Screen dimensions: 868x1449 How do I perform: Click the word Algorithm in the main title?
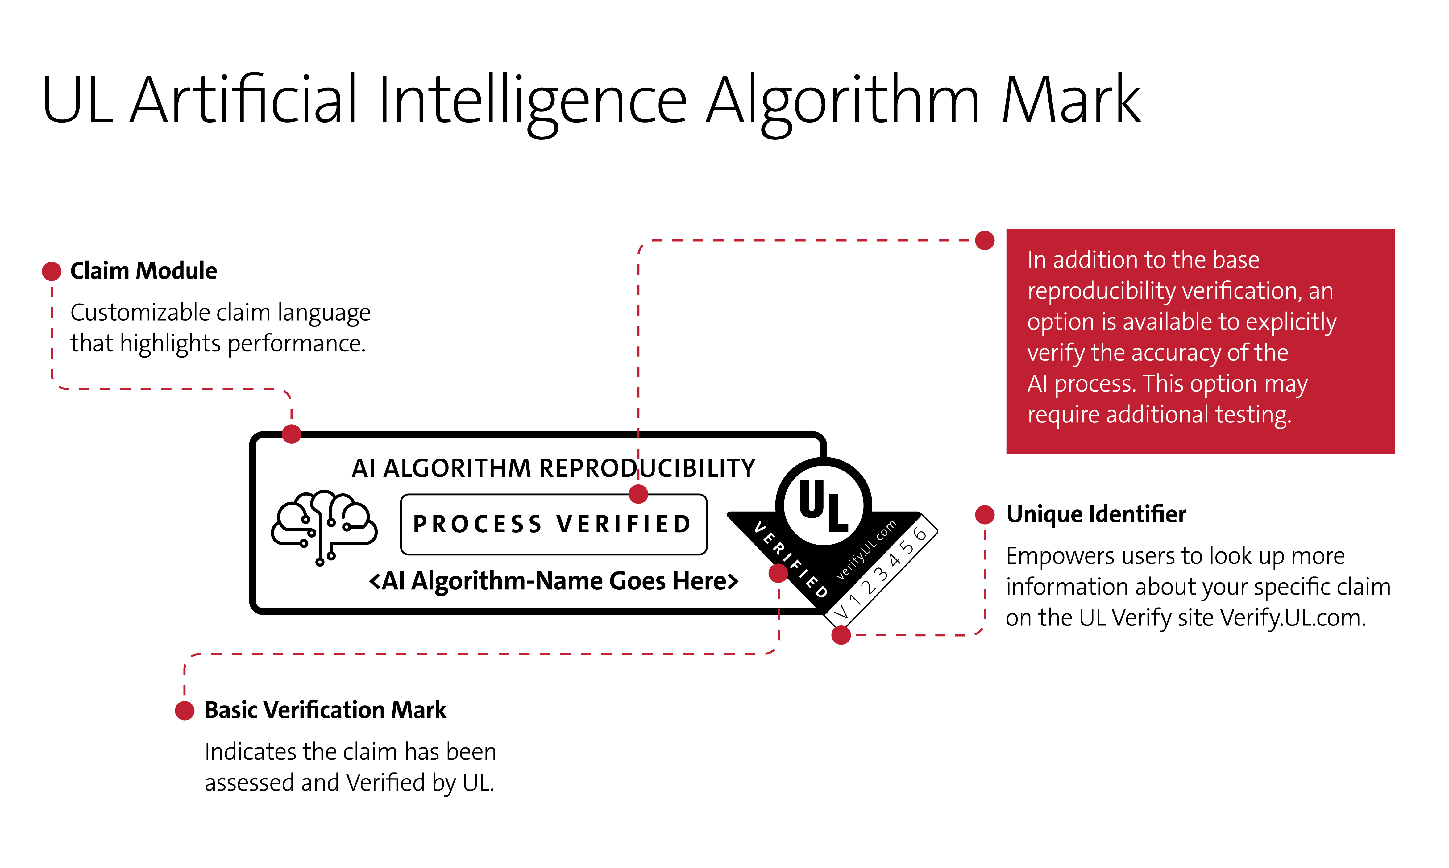842,101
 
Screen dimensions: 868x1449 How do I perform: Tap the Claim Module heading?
143,271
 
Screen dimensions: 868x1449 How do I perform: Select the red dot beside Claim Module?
52,271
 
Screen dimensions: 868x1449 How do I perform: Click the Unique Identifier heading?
1096,514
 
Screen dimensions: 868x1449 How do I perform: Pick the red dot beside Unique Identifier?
985,515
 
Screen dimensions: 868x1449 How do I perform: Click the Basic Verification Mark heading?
325,710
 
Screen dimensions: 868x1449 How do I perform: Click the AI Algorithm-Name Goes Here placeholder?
553,581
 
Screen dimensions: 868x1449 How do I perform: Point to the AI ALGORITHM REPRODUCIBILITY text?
553,468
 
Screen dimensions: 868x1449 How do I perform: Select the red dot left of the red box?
985,240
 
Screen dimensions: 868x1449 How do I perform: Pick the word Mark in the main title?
1070,101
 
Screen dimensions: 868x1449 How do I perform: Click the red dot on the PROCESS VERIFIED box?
638,494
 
